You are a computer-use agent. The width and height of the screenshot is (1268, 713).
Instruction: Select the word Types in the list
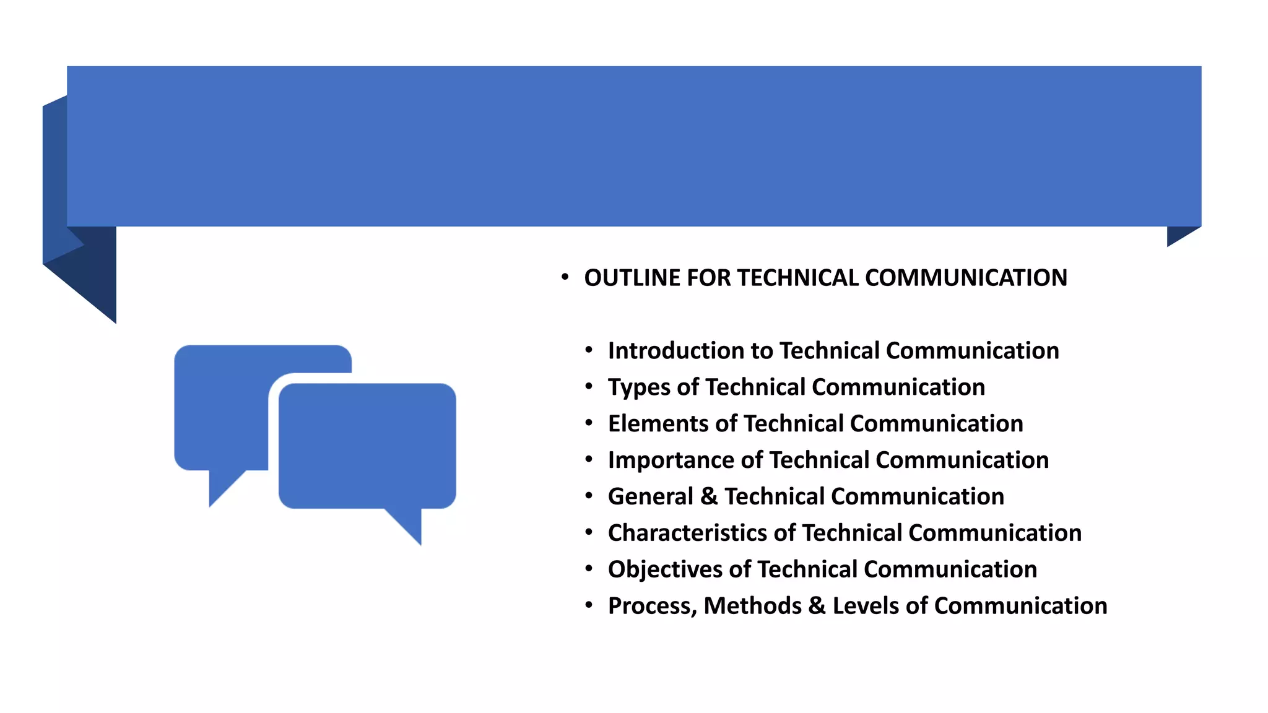(638, 388)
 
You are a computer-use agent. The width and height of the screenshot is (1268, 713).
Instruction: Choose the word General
(650, 496)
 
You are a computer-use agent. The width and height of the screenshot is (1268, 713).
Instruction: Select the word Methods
(752, 606)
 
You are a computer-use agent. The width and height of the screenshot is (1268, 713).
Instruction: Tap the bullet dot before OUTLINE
(564, 277)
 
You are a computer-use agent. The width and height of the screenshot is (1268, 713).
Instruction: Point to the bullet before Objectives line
(588, 569)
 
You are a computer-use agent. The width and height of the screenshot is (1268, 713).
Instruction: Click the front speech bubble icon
(367, 446)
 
